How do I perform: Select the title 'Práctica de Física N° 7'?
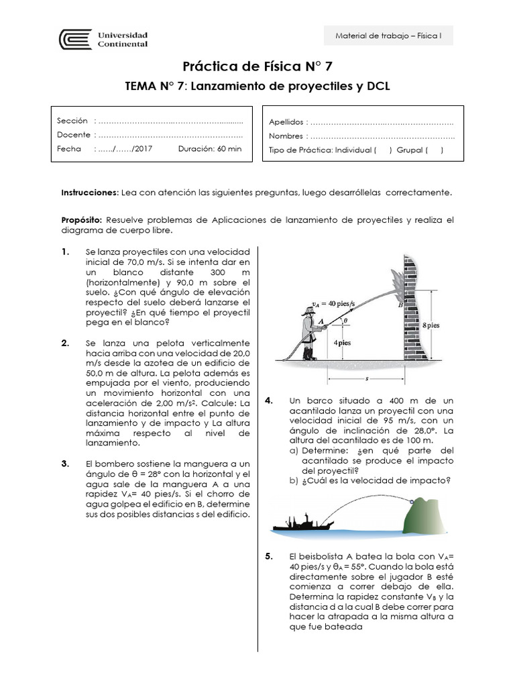point(257,66)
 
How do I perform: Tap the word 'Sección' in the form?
point(72,121)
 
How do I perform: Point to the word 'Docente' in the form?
point(73,135)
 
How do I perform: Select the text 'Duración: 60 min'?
point(210,149)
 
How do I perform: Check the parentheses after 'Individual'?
point(383,150)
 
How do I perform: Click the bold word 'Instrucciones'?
point(89,193)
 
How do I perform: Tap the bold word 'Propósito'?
point(82,219)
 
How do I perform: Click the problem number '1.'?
point(65,252)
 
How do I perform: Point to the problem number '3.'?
point(65,464)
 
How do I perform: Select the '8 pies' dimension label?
point(430,325)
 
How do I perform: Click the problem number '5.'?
point(269,556)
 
